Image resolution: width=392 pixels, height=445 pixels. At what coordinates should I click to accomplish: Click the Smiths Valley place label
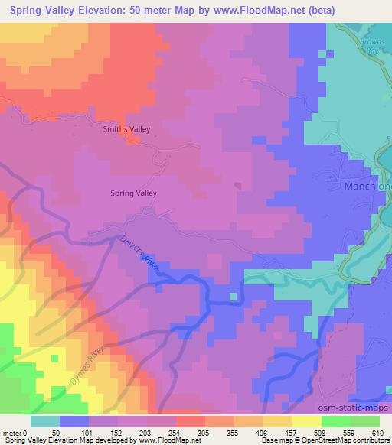(125, 129)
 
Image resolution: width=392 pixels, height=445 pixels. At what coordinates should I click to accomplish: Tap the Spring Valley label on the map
(135, 193)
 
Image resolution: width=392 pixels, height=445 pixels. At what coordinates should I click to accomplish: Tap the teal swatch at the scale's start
(45, 421)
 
